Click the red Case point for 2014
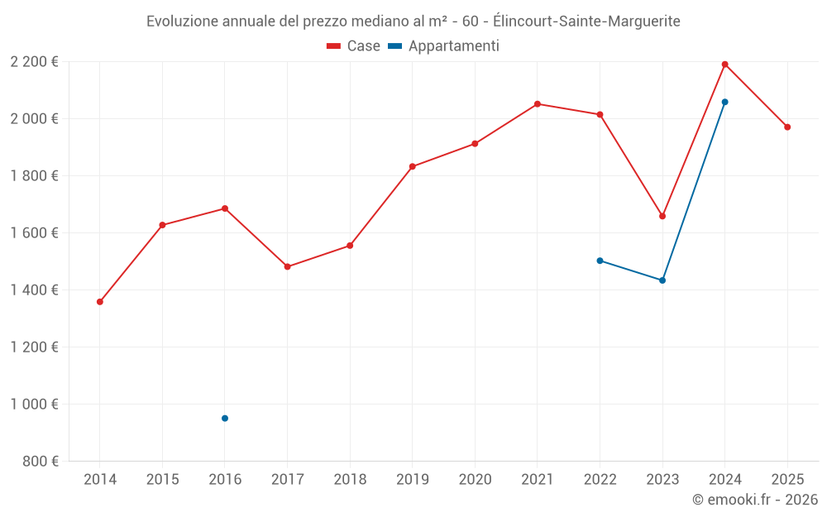click(100, 302)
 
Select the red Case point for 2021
click(538, 104)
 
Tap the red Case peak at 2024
click(725, 65)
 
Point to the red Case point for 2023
click(662, 216)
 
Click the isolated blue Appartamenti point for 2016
click(225, 419)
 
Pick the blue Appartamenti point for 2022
click(600, 261)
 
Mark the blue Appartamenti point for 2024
click(725, 102)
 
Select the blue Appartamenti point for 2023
click(662, 280)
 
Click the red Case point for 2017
click(288, 266)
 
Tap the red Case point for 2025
click(787, 127)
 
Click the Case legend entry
click(354, 46)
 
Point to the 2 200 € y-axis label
click(34, 62)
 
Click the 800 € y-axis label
click(41, 462)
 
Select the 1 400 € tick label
click(34, 290)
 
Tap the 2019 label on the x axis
click(413, 480)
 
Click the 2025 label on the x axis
click(787, 480)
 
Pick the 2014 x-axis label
click(100, 480)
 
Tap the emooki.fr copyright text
click(755, 500)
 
